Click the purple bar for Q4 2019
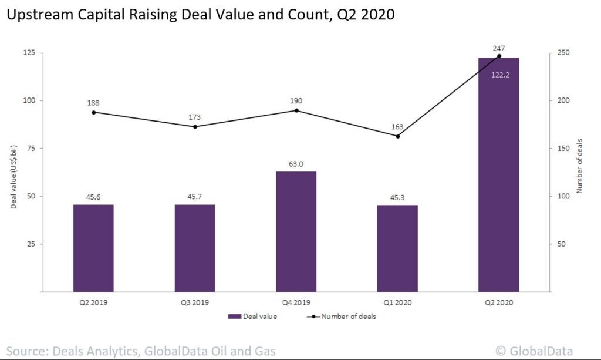pos(296,231)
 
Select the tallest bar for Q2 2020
pos(498,176)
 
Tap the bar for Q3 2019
pos(195,248)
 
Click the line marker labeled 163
pos(397,136)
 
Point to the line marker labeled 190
pos(296,110)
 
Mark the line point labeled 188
pos(93,112)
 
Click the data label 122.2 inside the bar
pos(498,76)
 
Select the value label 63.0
pos(296,164)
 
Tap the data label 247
pos(499,48)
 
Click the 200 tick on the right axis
pos(562,100)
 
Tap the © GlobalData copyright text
pos(534,351)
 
